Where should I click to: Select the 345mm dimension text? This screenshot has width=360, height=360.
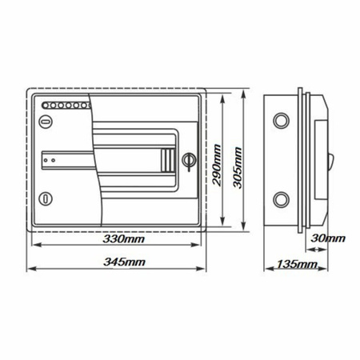point(125,262)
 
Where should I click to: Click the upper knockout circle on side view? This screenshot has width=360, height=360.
point(282,121)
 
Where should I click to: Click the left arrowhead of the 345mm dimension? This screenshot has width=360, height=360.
point(31,270)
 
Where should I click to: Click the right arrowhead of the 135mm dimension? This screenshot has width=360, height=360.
point(325,270)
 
